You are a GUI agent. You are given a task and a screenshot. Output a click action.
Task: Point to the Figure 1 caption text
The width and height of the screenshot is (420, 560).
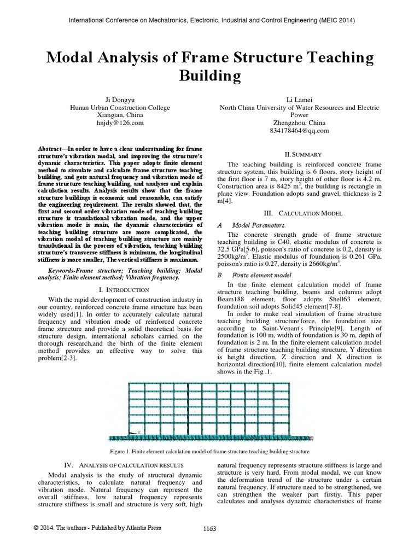click(x=210, y=451)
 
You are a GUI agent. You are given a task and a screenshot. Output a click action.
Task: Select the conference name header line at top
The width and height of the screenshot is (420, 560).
click(x=210, y=21)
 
